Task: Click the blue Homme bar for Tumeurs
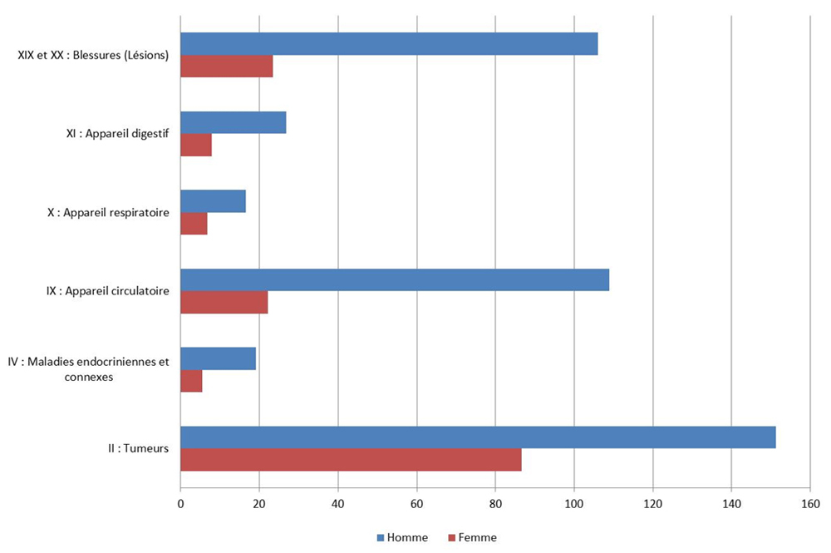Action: pos(478,437)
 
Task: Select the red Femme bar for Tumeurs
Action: pos(351,460)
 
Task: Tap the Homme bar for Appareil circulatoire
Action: pos(395,280)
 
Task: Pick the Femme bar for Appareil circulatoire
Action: pos(224,303)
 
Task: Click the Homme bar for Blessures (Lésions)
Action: pos(389,44)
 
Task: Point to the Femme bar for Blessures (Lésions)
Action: pos(227,67)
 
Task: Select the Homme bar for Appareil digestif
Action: pos(234,122)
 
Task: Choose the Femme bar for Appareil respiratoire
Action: pos(194,224)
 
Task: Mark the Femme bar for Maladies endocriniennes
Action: pos(191,381)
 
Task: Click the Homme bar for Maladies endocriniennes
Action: pos(218,358)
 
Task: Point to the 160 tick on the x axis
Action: pos(810,504)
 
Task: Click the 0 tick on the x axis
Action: pos(180,504)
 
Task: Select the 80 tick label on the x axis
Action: pos(495,504)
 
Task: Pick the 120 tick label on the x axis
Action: pos(652,504)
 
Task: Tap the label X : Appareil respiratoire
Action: pos(108,213)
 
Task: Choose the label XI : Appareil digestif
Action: pos(118,134)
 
